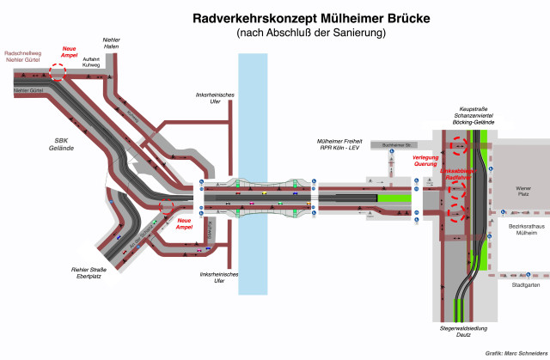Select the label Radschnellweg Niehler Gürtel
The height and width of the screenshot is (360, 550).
[x=24, y=56]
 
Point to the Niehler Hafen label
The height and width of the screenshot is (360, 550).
[x=111, y=44]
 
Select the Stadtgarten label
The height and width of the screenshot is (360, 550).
[x=524, y=284]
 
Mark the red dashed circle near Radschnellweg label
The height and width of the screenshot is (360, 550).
[x=57, y=72]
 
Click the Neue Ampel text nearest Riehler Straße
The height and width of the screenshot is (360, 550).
[x=184, y=224]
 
